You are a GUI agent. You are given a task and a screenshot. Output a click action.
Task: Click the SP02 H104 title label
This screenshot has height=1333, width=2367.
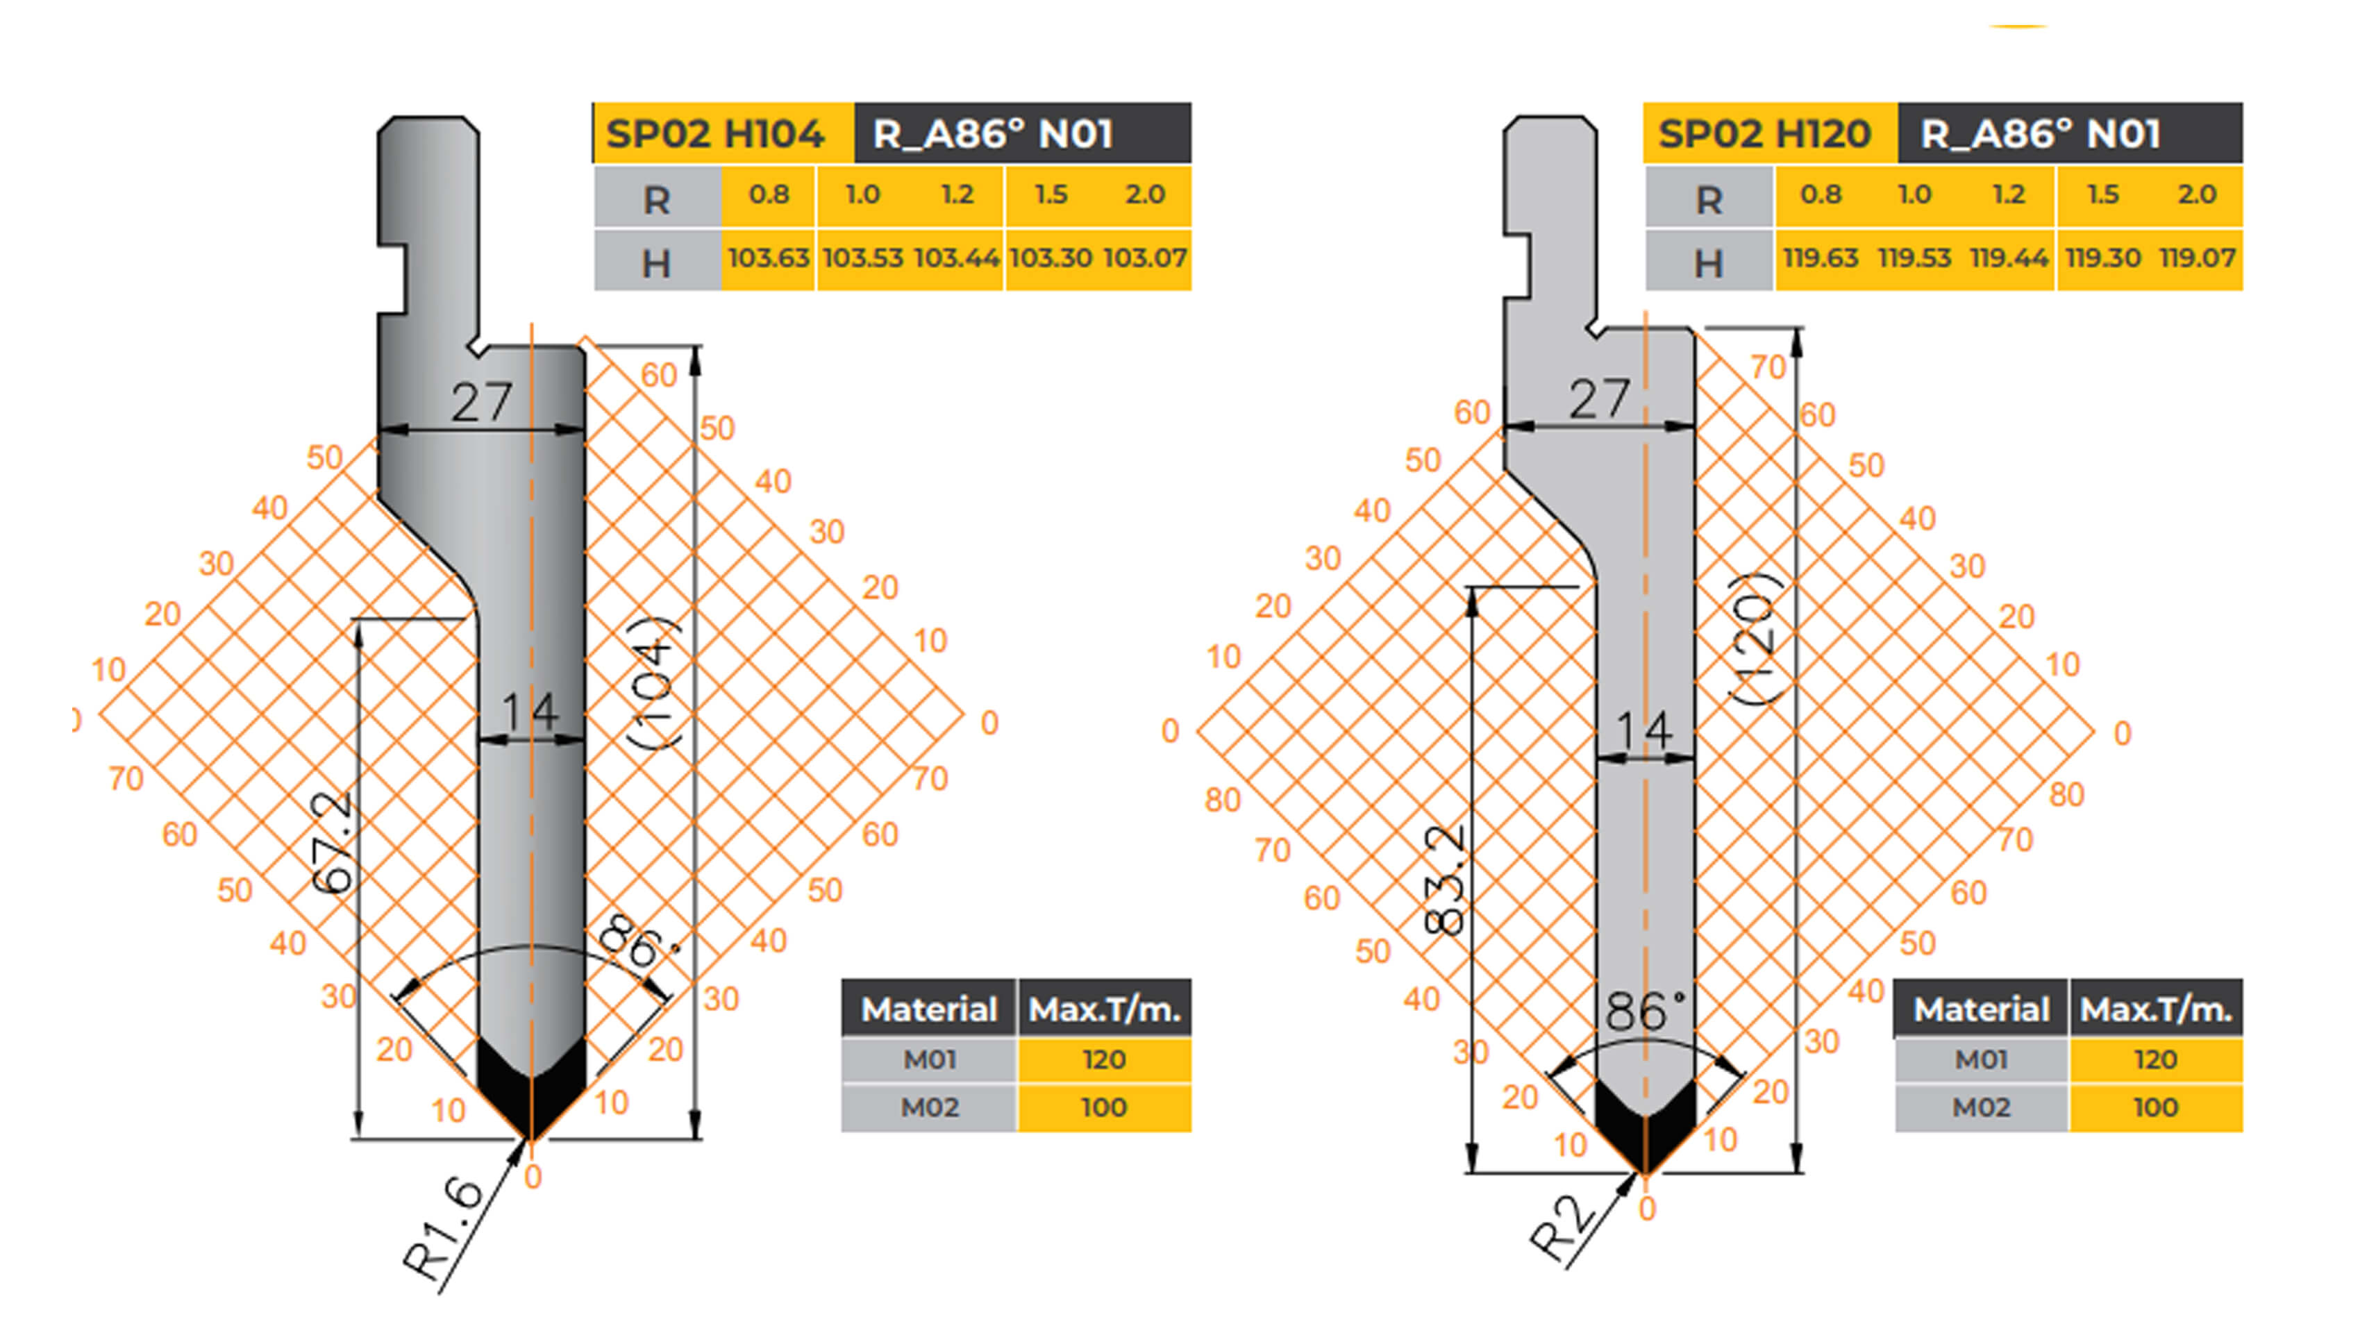(x=715, y=134)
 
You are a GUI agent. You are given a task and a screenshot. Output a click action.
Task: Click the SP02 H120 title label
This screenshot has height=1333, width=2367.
(x=1764, y=134)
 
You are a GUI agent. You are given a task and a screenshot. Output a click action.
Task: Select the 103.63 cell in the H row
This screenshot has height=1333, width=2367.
(x=768, y=258)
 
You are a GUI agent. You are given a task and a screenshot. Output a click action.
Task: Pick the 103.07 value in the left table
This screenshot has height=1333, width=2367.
(x=1145, y=258)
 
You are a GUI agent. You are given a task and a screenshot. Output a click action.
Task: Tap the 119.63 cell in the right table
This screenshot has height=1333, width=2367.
(x=1821, y=258)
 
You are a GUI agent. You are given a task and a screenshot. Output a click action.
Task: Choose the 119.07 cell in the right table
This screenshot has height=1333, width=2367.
(x=2197, y=258)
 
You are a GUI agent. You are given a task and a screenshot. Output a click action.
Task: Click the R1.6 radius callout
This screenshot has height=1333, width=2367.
(x=444, y=1228)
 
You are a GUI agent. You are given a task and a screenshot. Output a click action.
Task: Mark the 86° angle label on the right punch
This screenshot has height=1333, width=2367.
(x=1645, y=1011)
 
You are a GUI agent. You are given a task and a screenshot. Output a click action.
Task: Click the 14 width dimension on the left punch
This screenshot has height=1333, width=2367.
(x=530, y=711)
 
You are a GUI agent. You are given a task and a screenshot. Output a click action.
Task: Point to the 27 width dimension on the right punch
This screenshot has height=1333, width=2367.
(x=1600, y=399)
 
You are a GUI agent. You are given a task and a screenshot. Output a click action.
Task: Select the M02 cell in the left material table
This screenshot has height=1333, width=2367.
(x=929, y=1107)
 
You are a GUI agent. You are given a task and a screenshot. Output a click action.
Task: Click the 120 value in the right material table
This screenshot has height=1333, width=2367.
(x=2155, y=1059)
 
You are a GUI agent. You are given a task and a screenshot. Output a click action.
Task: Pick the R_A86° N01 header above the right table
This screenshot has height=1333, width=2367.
(x=2040, y=134)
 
